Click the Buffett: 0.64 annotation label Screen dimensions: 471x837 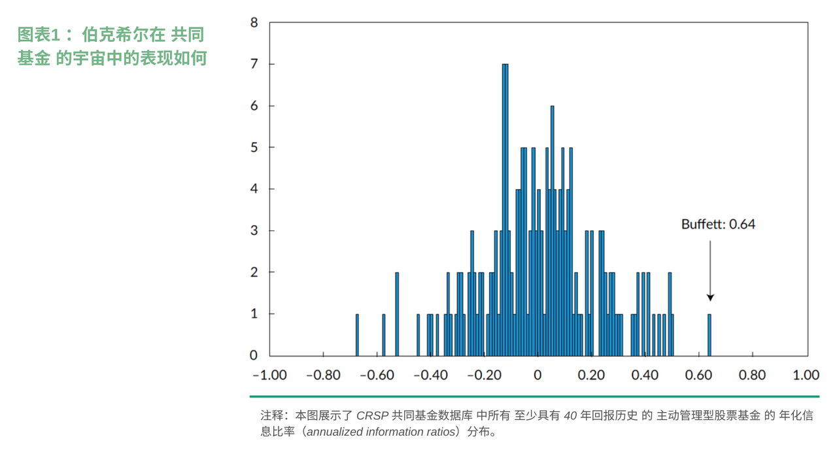tap(718, 224)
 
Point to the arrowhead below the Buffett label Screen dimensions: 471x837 tap(710, 298)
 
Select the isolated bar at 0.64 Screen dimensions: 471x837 tap(709, 335)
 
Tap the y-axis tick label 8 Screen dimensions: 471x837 tap(254, 22)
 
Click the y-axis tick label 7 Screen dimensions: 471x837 tap(254, 64)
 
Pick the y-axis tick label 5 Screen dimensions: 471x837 tap(254, 147)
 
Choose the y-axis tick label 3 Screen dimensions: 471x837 tap(254, 230)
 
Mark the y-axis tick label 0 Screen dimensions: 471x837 tap(254, 355)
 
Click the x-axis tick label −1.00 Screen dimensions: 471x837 tap(269, 375)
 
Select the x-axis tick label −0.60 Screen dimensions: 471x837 tap(377, 375)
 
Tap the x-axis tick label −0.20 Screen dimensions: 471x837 tap(484, 375)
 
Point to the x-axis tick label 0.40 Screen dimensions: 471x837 tap(645, 375)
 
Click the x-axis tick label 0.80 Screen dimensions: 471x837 tap(752, 375)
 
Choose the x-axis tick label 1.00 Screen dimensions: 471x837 tap(806, 375)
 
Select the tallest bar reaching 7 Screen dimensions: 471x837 tap(505, 209)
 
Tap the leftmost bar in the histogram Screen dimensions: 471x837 tap(357, 335)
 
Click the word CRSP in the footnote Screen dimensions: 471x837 tap(372, 415)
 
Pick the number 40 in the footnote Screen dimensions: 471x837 tap(570, 415)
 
